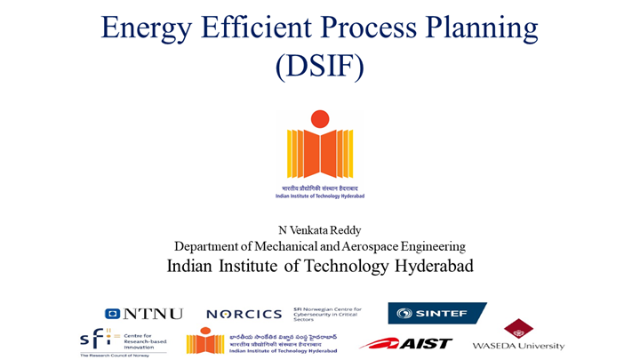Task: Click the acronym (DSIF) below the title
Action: [319, 67]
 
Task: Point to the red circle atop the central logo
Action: [319, 118]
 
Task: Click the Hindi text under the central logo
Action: [319, 188]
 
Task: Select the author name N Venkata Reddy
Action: [319, 230]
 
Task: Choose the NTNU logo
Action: [144, 314]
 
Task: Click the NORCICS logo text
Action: [244, 315]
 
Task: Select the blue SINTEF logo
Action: [436, 313]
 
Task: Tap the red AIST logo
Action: [405, 343]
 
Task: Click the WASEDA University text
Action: [517, 345]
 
